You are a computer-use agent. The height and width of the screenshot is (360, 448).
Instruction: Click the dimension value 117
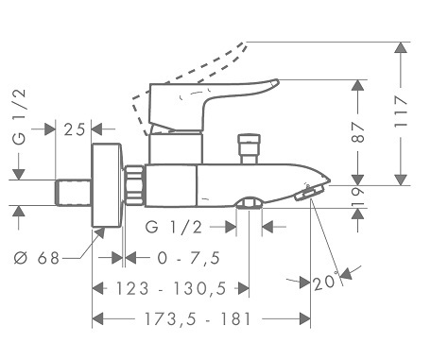pos(401,111)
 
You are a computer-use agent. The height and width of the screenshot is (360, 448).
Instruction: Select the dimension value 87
pos(358,132)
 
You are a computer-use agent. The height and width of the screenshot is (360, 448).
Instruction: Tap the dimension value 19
pos(358,197)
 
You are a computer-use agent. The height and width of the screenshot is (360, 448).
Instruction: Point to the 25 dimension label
pos(75,129)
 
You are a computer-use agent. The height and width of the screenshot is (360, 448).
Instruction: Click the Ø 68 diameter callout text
pos(37,258)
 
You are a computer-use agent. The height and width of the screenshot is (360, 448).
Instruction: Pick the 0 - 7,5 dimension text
pos(188,258)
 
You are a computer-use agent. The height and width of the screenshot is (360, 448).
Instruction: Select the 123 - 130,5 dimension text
pos(171,288)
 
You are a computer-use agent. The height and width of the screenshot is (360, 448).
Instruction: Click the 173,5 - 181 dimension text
pos(198,319)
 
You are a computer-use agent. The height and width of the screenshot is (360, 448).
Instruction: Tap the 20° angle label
pos(326,282)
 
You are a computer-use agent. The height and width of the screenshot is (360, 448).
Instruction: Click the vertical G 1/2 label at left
pos(20,116)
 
